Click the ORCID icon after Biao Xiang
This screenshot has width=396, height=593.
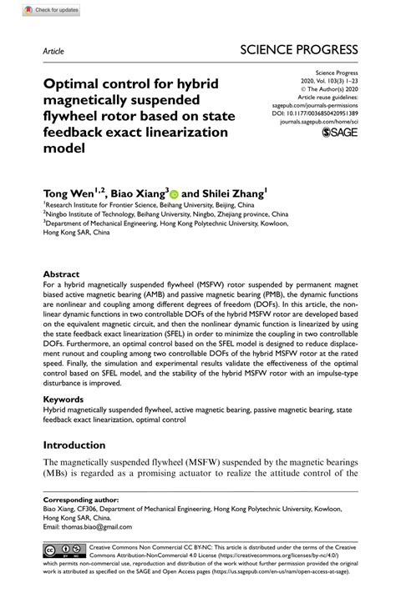[174, 192]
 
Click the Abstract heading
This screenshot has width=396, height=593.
[62, 274]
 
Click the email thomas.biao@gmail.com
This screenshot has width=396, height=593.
[102, 527]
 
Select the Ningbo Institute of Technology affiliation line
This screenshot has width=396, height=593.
[165, 214]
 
